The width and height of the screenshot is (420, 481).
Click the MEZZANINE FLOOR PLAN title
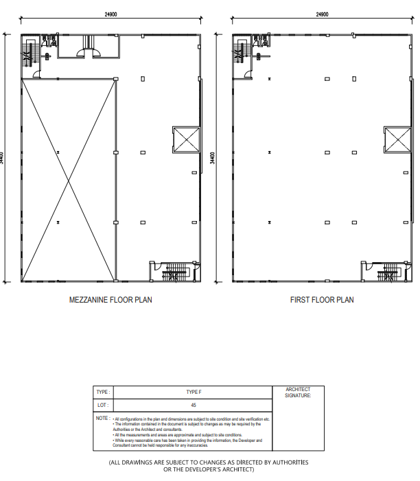click(x=110, y=300)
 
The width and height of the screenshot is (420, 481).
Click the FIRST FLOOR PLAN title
click(x=322, y=300)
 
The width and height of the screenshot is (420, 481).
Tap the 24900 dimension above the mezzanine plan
click(x=110, y=14)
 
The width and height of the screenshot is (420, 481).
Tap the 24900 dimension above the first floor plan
click(x=322, y=14)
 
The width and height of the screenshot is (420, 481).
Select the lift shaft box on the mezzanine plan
click(x=185, y=140)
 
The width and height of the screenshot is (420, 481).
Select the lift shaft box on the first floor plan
click(x=397, y=140)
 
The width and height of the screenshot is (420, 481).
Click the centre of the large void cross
click(x=68, y=180)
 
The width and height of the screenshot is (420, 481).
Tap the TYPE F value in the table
click(x=194, y=392)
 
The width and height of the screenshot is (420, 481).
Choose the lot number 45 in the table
click(x=194, y=405)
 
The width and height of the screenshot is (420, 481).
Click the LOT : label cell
click(x=102, y=405)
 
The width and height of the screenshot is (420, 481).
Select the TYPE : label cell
click(x=102, y=392)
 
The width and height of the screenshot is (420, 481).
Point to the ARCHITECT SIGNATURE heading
click(x=298, y=392)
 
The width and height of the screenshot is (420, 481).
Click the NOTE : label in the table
click(x=103, y=418)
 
